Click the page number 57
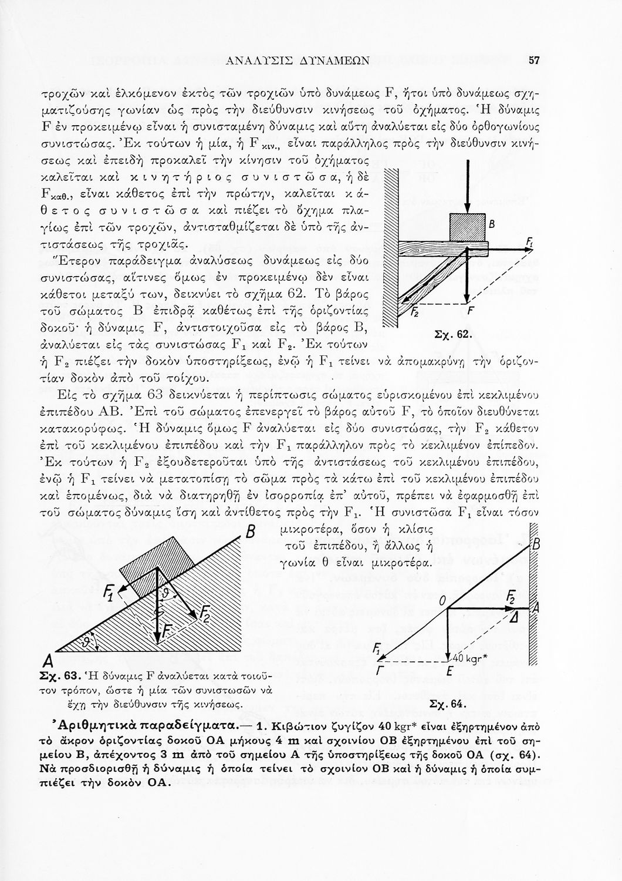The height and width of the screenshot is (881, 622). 534,59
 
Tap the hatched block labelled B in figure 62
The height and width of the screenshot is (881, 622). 467,226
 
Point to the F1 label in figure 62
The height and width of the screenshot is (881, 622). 529,243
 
